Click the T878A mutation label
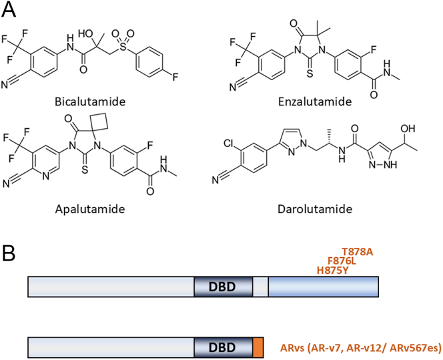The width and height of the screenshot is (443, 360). [x=357, y=251]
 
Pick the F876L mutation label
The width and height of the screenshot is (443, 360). [x=342, y=261]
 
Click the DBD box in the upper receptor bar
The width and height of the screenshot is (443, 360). [x=223, y=287]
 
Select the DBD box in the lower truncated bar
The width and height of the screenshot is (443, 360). [x=223, y=347]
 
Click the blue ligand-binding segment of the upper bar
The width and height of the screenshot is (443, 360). [x=323, y=287]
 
